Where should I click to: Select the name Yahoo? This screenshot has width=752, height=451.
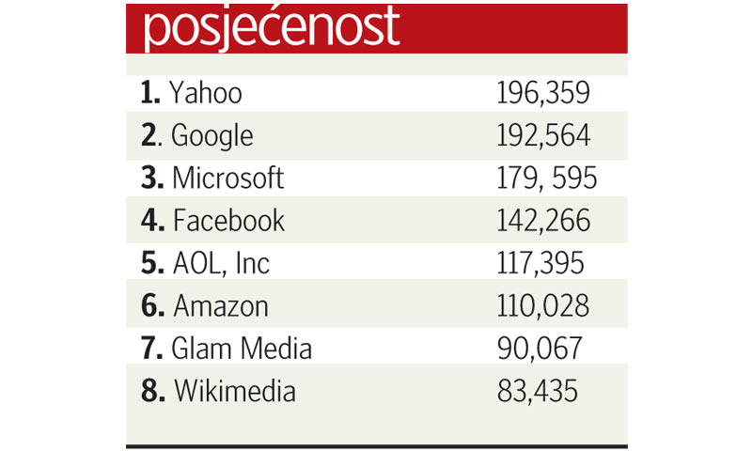coord(206,93)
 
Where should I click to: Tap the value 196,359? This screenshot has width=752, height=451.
coord(543,93)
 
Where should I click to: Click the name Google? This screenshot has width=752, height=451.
coord(212,136)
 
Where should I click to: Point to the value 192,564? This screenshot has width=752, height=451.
coord(543,135)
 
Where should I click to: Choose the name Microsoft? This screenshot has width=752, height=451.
coord(227,178)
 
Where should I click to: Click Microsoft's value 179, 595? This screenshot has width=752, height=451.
coord(546,178)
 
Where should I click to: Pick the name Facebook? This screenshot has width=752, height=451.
coord(228,221)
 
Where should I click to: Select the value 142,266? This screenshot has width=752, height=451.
coord(543,221)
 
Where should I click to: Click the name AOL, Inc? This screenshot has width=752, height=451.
coord(221,263)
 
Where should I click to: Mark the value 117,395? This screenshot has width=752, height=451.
coord(540,263)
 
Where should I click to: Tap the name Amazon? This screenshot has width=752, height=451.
coord(221,305)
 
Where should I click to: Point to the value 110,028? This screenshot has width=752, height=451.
coord(543,305)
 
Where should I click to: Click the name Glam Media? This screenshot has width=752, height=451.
coord(242,349)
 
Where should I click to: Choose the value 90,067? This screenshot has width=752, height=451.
coord(540,349)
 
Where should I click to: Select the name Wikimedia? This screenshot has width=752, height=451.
coord(235,391)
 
